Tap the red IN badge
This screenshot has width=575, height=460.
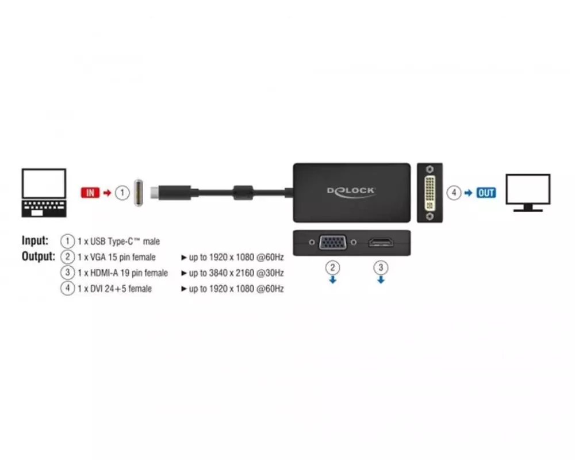(x=90, y=193)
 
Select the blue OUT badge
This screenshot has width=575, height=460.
(x=486, y=193)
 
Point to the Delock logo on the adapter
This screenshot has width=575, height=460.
(x=351, y=190)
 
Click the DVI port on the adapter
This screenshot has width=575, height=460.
(x=430, y=193)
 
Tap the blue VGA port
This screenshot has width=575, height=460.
(x=332, y=243)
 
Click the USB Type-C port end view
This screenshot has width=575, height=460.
(x=139, y=193)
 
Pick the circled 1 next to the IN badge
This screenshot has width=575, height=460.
(x=121, y=193)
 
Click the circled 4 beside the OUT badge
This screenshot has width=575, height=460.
(x=454, y=193)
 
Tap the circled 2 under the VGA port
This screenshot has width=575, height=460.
(x=332, y=267)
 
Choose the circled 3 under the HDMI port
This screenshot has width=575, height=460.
(x=380, y=267)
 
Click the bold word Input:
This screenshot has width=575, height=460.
(x=35, y=241)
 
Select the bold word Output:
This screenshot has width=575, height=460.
(x=39, y=256)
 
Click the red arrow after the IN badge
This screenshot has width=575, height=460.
(x=107, y=193)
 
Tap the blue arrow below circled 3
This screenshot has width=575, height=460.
(x=380, y=280)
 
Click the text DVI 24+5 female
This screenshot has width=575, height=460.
(x=114, y=289)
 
